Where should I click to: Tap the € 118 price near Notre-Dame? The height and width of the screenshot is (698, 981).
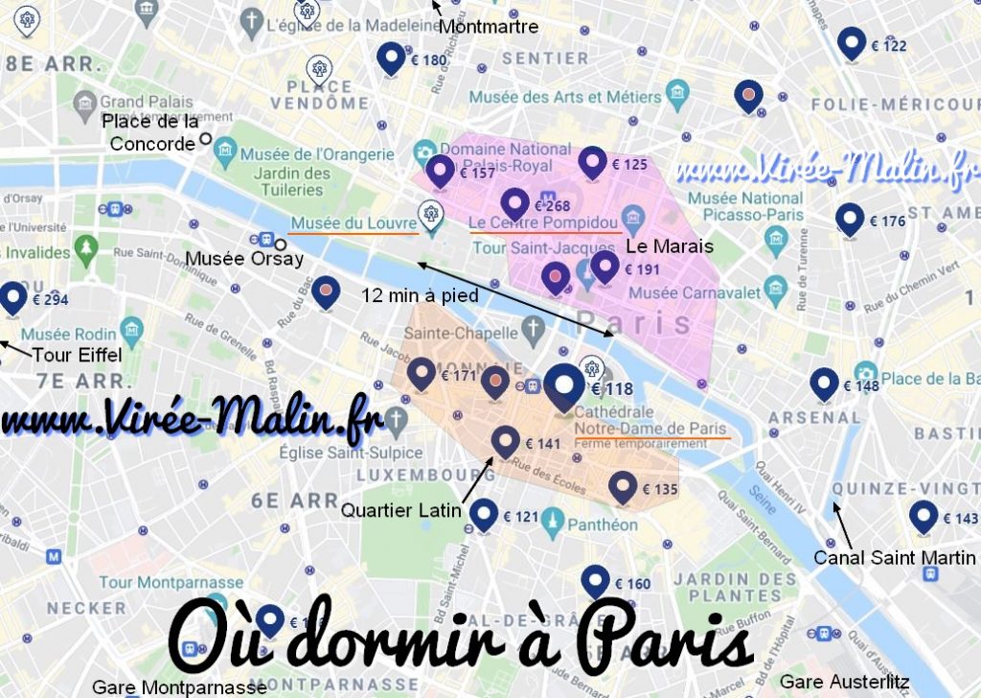point(612,389)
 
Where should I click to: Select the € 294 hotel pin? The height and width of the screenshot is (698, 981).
point(13,298)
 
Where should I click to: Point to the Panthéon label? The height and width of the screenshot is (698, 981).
point(602,524)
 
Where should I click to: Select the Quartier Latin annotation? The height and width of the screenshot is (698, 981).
point(401,511)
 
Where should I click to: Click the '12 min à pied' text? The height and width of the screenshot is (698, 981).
point(421,296)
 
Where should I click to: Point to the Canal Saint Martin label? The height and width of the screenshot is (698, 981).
point(894,557)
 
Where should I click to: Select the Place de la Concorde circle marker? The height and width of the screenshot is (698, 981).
point(205,141)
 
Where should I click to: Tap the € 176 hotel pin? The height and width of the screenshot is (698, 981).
point(849,220)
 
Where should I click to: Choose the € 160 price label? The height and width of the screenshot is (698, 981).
point(632,584)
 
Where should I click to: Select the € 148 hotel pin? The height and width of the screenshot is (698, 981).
point(823,384)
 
